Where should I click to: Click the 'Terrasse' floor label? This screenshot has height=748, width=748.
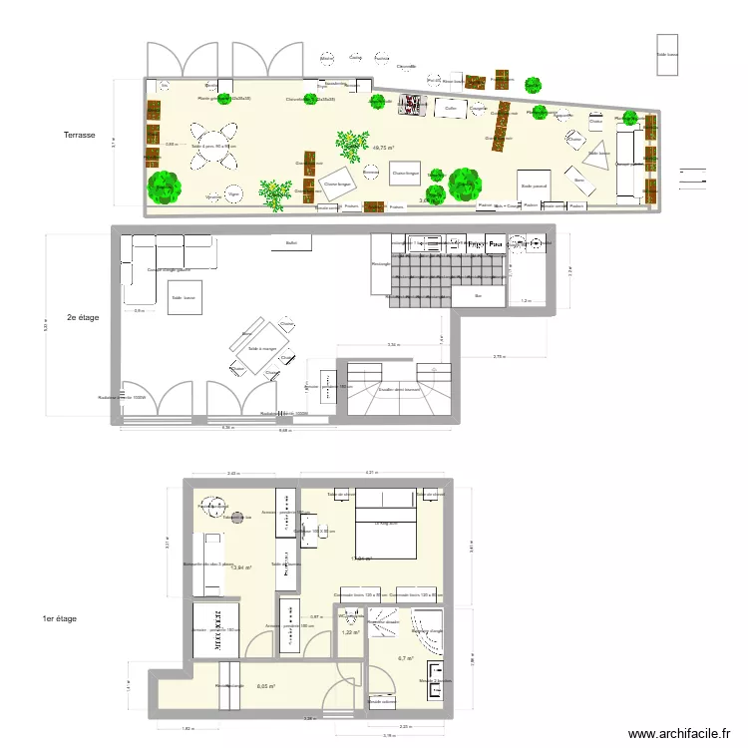78,135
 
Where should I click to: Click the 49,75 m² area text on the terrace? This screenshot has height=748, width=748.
383,148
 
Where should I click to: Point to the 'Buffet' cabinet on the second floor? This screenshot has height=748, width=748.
291,242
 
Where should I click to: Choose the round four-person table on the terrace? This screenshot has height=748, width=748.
214,146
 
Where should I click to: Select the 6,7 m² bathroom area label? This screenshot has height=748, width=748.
406,658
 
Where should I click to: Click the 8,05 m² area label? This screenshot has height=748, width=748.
265,686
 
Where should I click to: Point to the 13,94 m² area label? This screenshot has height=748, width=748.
240,567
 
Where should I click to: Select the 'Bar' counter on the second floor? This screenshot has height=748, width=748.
478,295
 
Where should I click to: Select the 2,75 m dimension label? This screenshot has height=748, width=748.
499,356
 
